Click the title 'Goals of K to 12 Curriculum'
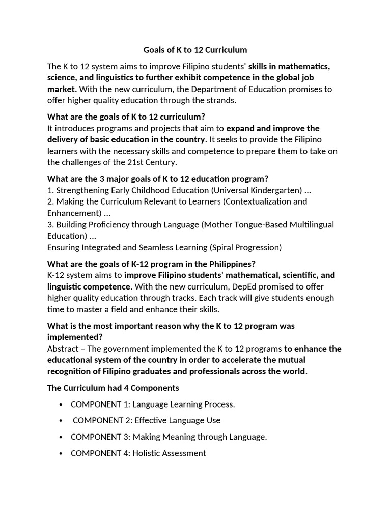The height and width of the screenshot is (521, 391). pyautogui.click(x=195, y=50)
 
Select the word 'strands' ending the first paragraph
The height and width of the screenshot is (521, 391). pyautogui.click(x=220, y=100)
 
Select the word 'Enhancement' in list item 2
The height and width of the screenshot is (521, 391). pyautogui.click(x=71, y=213)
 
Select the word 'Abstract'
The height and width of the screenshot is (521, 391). pyautogui.click(x=63, y=349)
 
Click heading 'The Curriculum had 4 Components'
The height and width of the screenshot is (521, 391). pyautogui.click(x=113, y=388)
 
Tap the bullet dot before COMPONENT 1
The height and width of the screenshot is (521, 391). pyautogui.click(x=61, y=404)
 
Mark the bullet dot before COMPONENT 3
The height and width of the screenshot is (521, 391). pyautogui.click(x=61, y=437)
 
